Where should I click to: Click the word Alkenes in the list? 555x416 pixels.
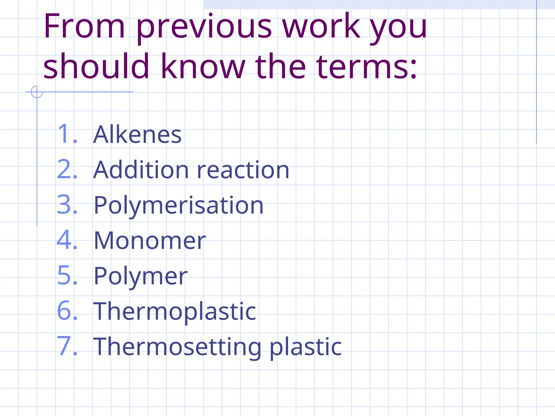pos(137,135)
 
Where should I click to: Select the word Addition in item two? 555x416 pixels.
pos(141,170)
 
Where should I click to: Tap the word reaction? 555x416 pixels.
pos(243,170)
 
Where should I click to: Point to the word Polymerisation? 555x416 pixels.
pos(179,206)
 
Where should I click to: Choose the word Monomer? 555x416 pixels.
pos(150,241)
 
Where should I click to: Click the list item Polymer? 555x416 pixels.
pos(140,276)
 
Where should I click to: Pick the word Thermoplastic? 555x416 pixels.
pos(175,311)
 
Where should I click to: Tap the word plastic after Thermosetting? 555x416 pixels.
pos(306,347)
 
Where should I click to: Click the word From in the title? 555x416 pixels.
pos(84,27)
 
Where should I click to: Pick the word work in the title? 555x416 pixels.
pos(321,27)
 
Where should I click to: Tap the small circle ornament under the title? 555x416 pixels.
pos(37,92)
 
